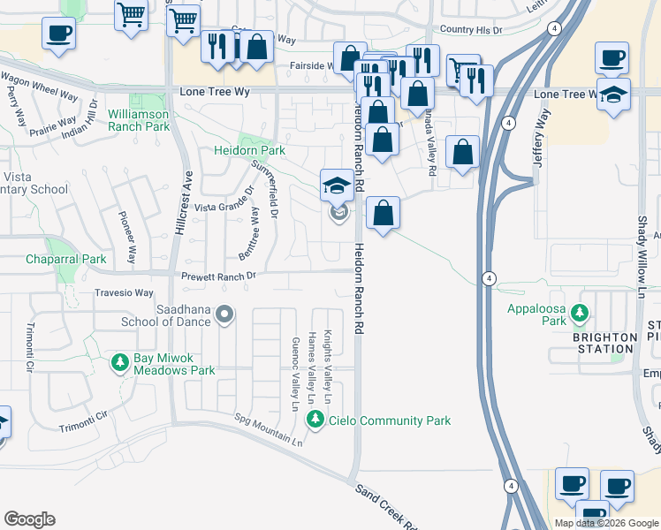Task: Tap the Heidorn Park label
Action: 250,150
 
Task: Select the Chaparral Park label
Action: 65,259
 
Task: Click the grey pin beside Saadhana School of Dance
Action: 225,314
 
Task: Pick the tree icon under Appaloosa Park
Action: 580,313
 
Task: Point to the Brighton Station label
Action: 604,343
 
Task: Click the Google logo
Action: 30,519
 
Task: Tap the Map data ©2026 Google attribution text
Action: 605,523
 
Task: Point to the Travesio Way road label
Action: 124,292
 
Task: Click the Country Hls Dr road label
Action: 470,29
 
